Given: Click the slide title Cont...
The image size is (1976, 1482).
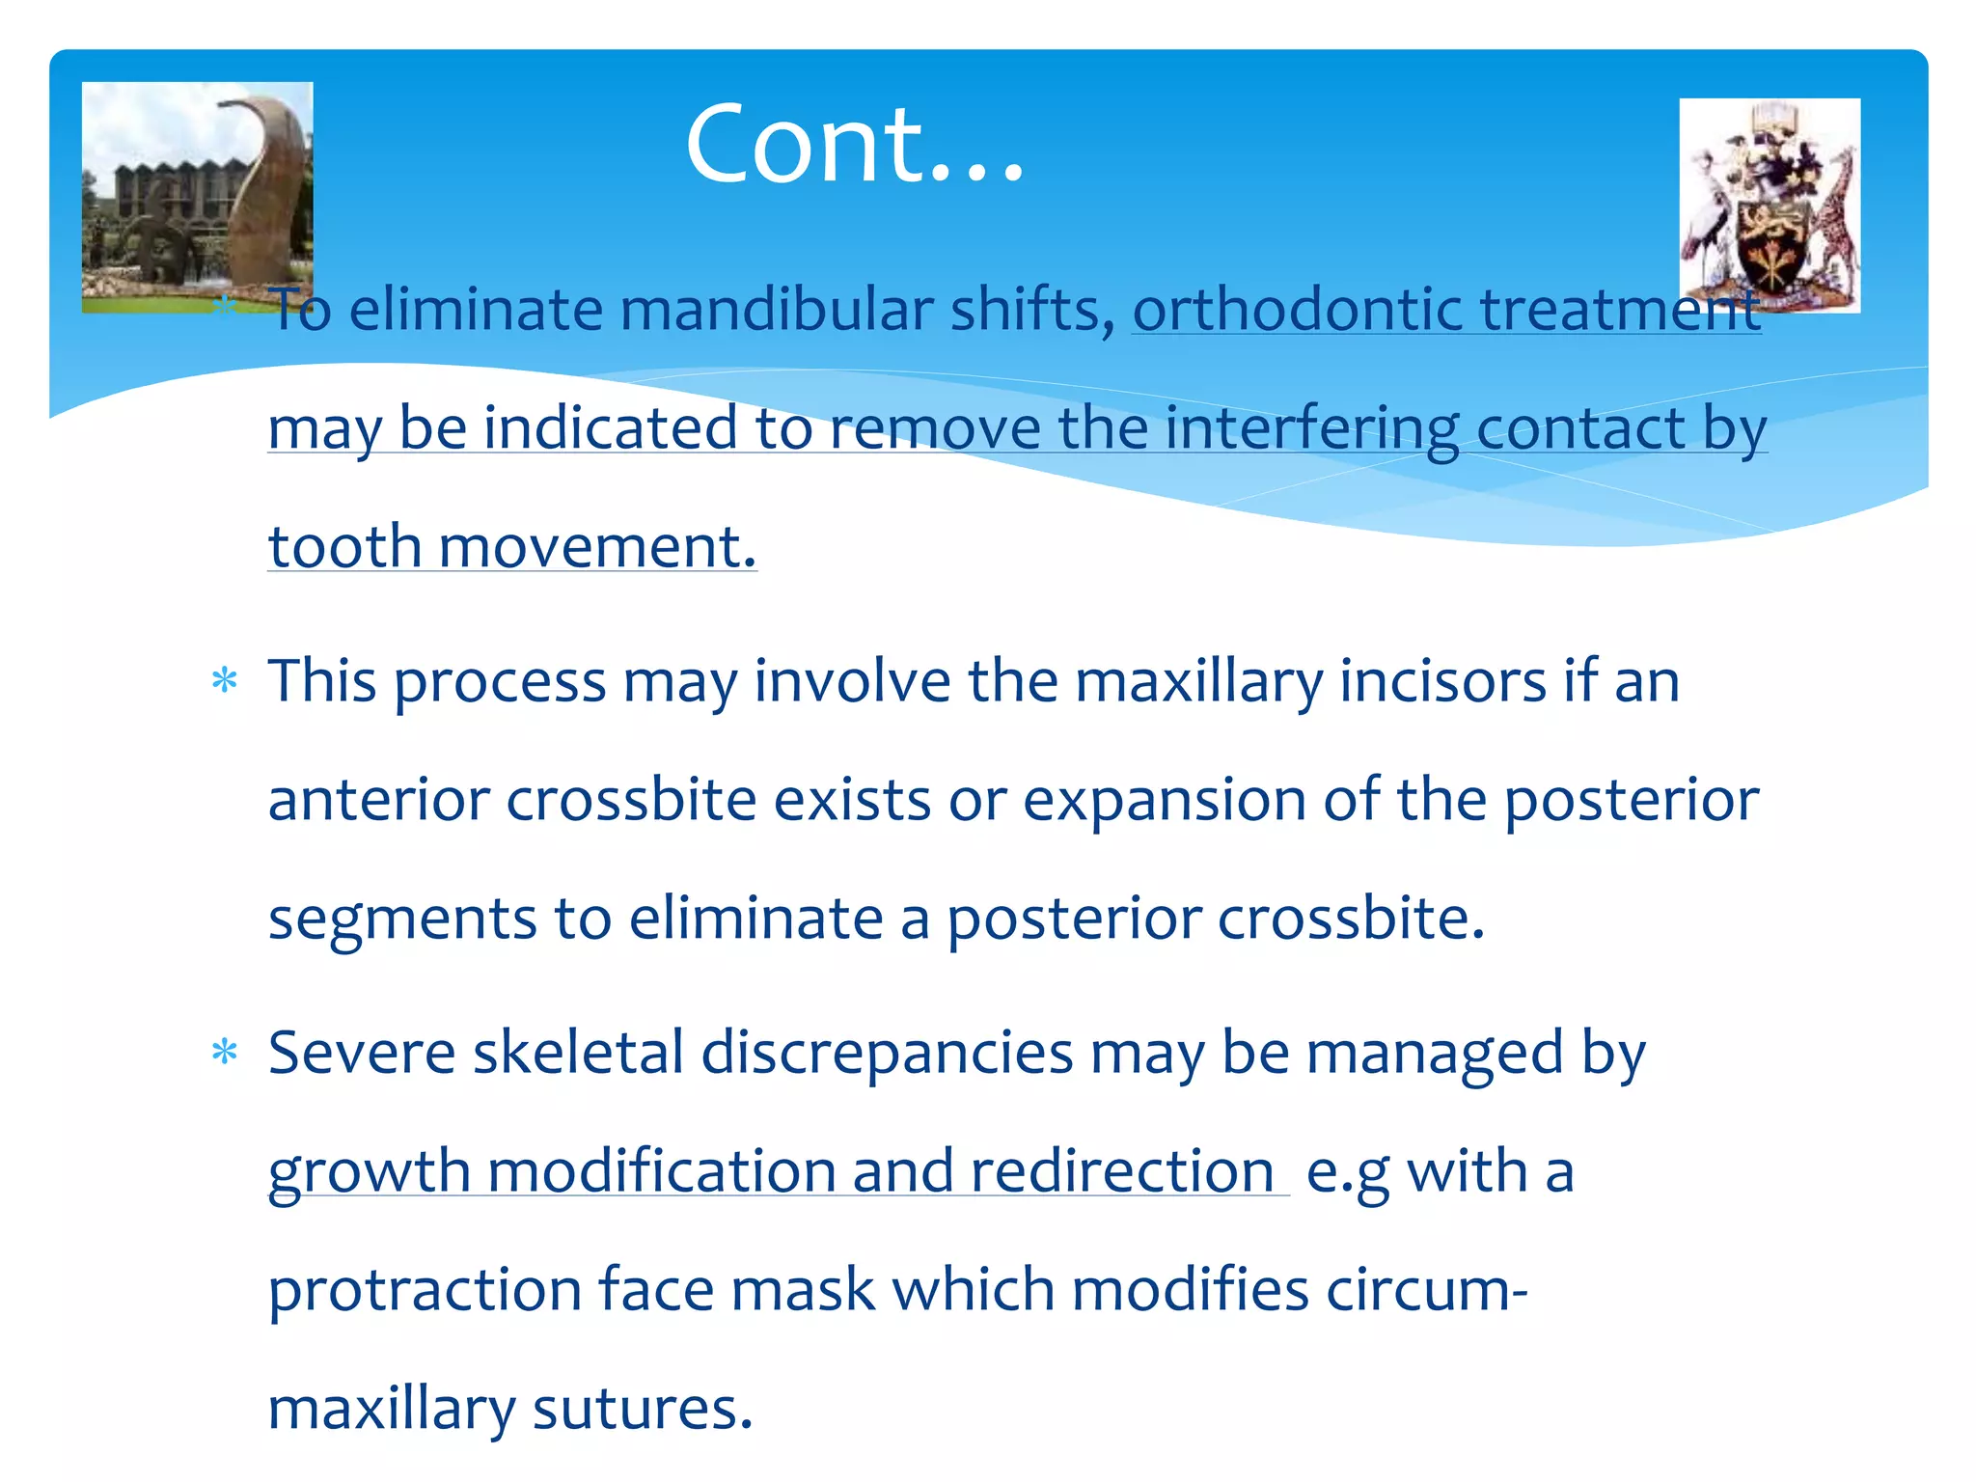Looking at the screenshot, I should pyautogui.click(x=854, y=145).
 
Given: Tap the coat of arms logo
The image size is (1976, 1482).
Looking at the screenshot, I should pyautogui.click(x=1770, y=206).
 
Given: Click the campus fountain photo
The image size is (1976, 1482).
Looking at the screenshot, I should pyautogui.click(x=197, y=197).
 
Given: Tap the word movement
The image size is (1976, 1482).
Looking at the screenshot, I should pyautogui.click(x=597, y=547).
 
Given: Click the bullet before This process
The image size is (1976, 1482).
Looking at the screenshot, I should pyautogui.click(x=225, y=681).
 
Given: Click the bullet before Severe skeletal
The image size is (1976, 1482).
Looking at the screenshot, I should pyautogui.click(x=225, y=1052).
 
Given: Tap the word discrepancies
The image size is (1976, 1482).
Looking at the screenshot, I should pyautogui.click(x=887, y=1052).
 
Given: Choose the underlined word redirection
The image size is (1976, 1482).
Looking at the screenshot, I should pyautogui.click(x=1122, y=1171).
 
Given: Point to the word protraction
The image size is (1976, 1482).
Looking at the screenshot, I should pyautogui.click(x=425, y=1290).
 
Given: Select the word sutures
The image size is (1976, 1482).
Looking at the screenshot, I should pyautogui.click(x=642, y=1409).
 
